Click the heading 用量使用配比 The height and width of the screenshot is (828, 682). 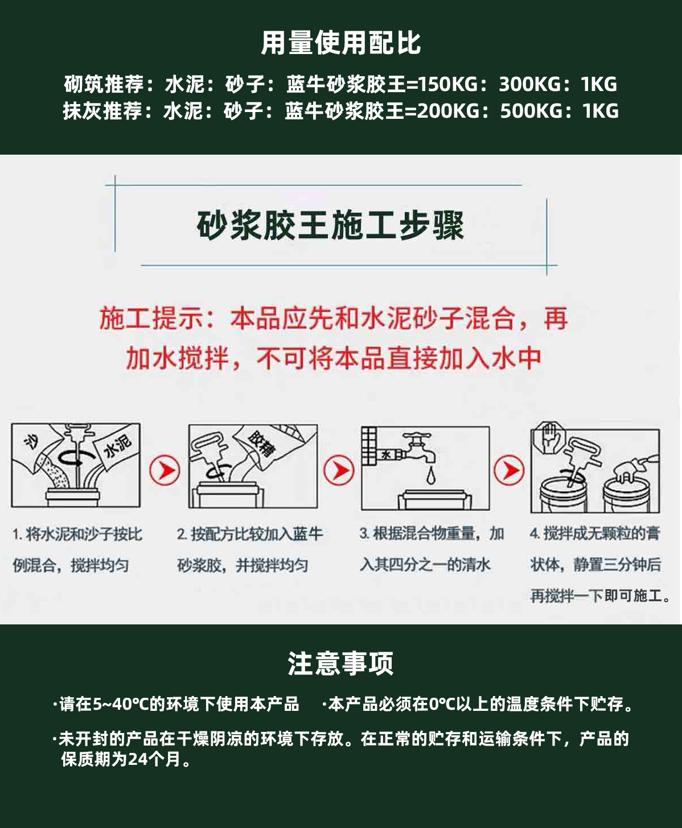point(341,43)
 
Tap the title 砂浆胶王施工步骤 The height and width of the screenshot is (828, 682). point(330,225)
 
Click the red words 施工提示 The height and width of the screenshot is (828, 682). point(151,318)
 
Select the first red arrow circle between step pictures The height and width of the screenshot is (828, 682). point(165,470)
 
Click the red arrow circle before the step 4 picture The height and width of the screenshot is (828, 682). point(509,470)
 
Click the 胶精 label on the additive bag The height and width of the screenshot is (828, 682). point(261,444)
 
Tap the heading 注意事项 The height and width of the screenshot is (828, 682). point(340,663)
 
